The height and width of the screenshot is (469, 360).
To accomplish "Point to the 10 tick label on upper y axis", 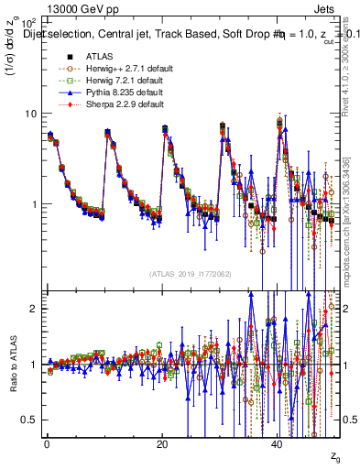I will pos(30,114).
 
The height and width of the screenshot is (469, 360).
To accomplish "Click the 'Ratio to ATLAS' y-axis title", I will pos(12,365).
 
